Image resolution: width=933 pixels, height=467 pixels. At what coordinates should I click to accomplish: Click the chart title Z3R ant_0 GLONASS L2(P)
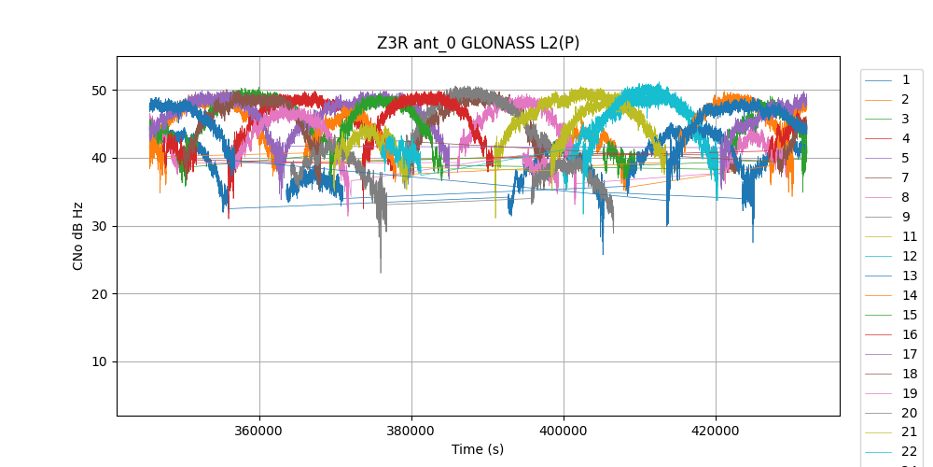click(x=478, y=43)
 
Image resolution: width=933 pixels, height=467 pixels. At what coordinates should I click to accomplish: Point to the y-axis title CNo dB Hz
click(x=78, y=235)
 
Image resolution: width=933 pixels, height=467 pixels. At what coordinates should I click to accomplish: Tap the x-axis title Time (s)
click(x=478, y=449)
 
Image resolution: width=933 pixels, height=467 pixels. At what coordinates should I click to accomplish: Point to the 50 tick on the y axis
click(x=98, y=91)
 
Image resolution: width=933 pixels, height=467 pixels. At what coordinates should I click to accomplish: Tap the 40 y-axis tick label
click(x=98, y=159)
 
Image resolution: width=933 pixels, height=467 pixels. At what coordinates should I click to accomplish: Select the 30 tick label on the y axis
click(x=98, y=226)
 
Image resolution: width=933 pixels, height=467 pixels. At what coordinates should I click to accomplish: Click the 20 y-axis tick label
click(x=98, y=294)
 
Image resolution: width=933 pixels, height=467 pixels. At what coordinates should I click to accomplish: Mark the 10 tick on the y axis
click(x=98, y=362)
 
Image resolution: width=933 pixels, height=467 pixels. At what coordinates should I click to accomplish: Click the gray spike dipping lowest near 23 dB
click(x=380, y=270)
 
